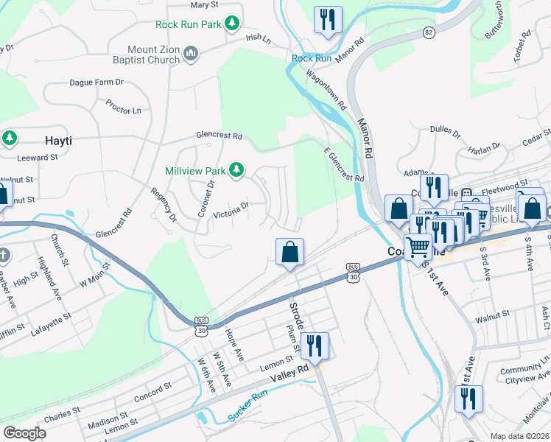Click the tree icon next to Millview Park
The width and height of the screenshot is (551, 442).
(236, 171)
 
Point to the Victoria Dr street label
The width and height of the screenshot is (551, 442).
(232, 211)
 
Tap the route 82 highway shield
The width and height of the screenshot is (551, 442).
(429, 33)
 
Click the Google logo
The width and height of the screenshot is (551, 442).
(24, 432)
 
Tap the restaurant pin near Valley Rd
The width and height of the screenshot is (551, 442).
(315, 346)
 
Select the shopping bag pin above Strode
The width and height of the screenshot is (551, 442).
(290, 252)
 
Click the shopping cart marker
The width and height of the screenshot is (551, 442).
(418, 247)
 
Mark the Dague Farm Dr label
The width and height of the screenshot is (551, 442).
(96, 83)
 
